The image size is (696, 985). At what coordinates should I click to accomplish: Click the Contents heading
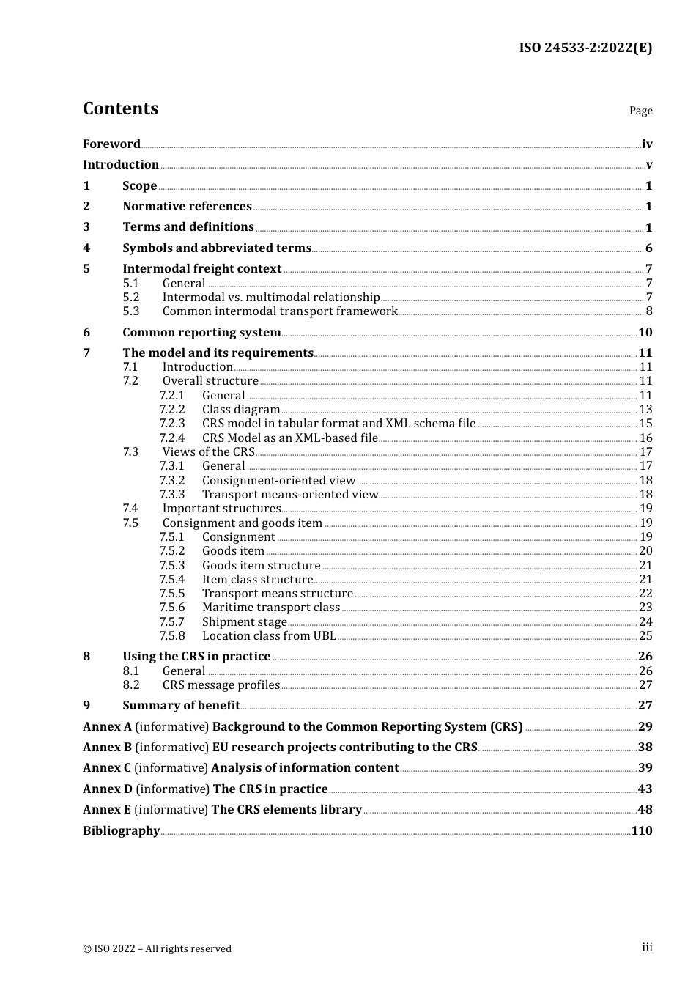pos(120,108)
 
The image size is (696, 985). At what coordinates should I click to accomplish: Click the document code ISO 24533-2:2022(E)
pos(585,48)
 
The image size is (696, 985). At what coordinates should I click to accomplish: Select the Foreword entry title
pos(111,144)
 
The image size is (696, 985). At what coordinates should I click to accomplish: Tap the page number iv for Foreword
pos(647,144)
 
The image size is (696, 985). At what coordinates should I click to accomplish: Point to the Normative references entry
pos(187,207)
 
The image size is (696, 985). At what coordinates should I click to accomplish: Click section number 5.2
pos(130,298)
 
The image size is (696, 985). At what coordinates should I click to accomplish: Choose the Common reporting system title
pos(201,333)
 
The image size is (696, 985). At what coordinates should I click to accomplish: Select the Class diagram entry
pos(241,410)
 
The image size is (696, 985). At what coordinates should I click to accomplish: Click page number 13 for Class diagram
pos(645,410)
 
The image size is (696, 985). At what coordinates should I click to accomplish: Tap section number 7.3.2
pos(171,481)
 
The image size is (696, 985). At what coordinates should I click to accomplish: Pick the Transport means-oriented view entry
pos(289,495)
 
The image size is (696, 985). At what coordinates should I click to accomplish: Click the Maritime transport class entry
pos(271,608)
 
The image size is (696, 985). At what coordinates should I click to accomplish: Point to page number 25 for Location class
pos(645,636)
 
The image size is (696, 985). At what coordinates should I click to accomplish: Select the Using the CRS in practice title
pos(196,657)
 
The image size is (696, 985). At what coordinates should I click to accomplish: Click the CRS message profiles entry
pos(221,685)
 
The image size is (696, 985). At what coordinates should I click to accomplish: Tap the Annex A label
pos(107,727)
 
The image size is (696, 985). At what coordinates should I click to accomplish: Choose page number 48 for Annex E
pos(645,810)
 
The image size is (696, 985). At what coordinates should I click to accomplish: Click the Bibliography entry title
pos(121,831)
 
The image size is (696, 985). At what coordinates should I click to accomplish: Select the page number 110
pos(642,831)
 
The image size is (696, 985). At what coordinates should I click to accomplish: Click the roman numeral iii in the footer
pos(647,948)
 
